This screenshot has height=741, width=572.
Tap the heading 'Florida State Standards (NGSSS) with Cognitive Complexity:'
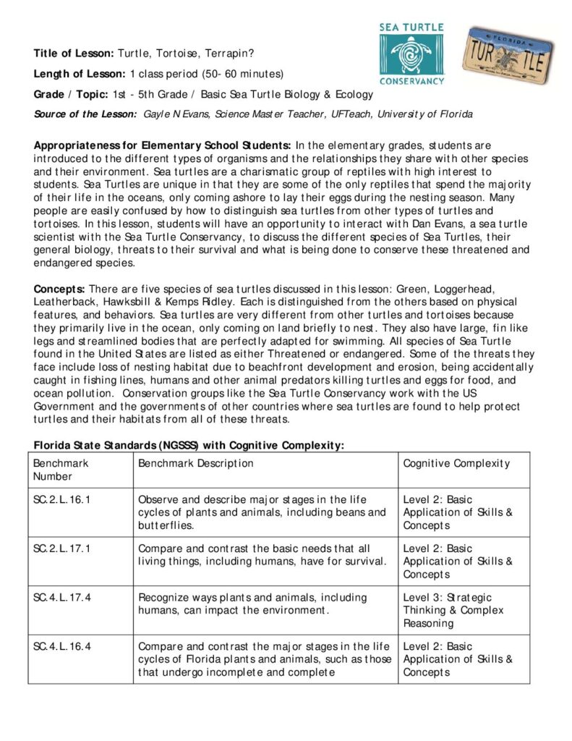pyautogui.click(x=187, y=445)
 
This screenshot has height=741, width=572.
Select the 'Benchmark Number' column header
pyautogui.click(x=61, y=470)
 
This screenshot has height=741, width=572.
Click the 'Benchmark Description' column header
pyautogui.click(x=195, y=463)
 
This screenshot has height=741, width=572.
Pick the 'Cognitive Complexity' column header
pyautogui.click(x=456, y=463)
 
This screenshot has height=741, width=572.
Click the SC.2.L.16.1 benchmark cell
pyautogui.click(x=63, y=499)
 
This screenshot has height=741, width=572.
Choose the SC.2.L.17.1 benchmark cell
pyautogui.click(x=63, y=549)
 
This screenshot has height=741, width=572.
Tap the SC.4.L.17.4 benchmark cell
pyautogui.click(x=63, y=598)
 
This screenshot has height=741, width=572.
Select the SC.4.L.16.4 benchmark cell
pyautogui.click(x=63, y=646)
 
